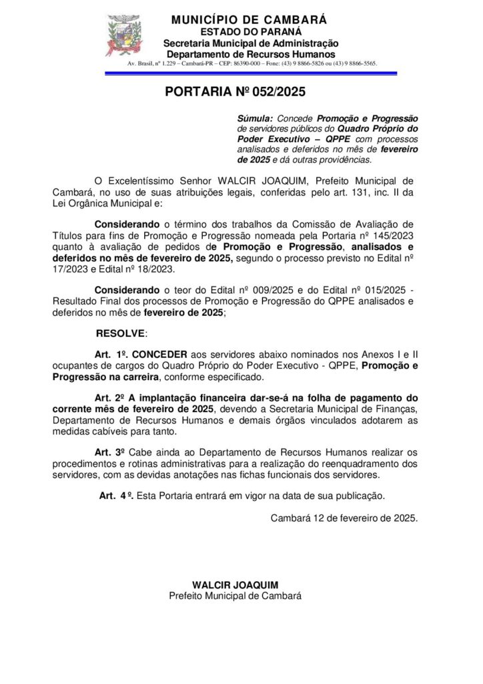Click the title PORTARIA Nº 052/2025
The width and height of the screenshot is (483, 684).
(x=235, y=93)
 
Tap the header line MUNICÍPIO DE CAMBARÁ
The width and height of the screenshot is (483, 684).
(x=249, y=20)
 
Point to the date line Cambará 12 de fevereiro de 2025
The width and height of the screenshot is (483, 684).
(x=344, y=517)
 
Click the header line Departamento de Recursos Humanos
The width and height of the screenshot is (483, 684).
(x=251, y=53)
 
